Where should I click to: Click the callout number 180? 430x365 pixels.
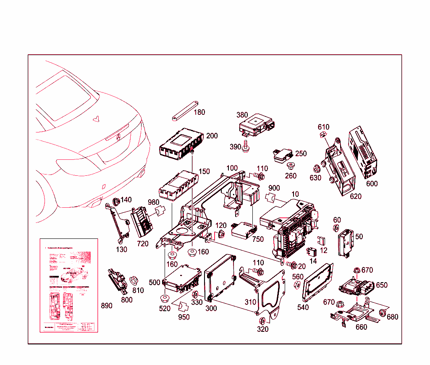[199, 112]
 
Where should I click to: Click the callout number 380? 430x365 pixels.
[242, 115]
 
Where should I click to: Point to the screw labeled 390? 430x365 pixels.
[246, 147]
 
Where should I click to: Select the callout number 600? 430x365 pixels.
[372, 184]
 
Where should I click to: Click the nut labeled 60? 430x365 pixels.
[336, 229]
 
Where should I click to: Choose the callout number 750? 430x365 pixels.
[258, 239]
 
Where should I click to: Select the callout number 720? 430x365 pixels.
[142, 244]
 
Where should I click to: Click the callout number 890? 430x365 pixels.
[107, 306]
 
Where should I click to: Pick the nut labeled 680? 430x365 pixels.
[383, 313]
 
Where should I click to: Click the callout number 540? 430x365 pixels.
[303, 307]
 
